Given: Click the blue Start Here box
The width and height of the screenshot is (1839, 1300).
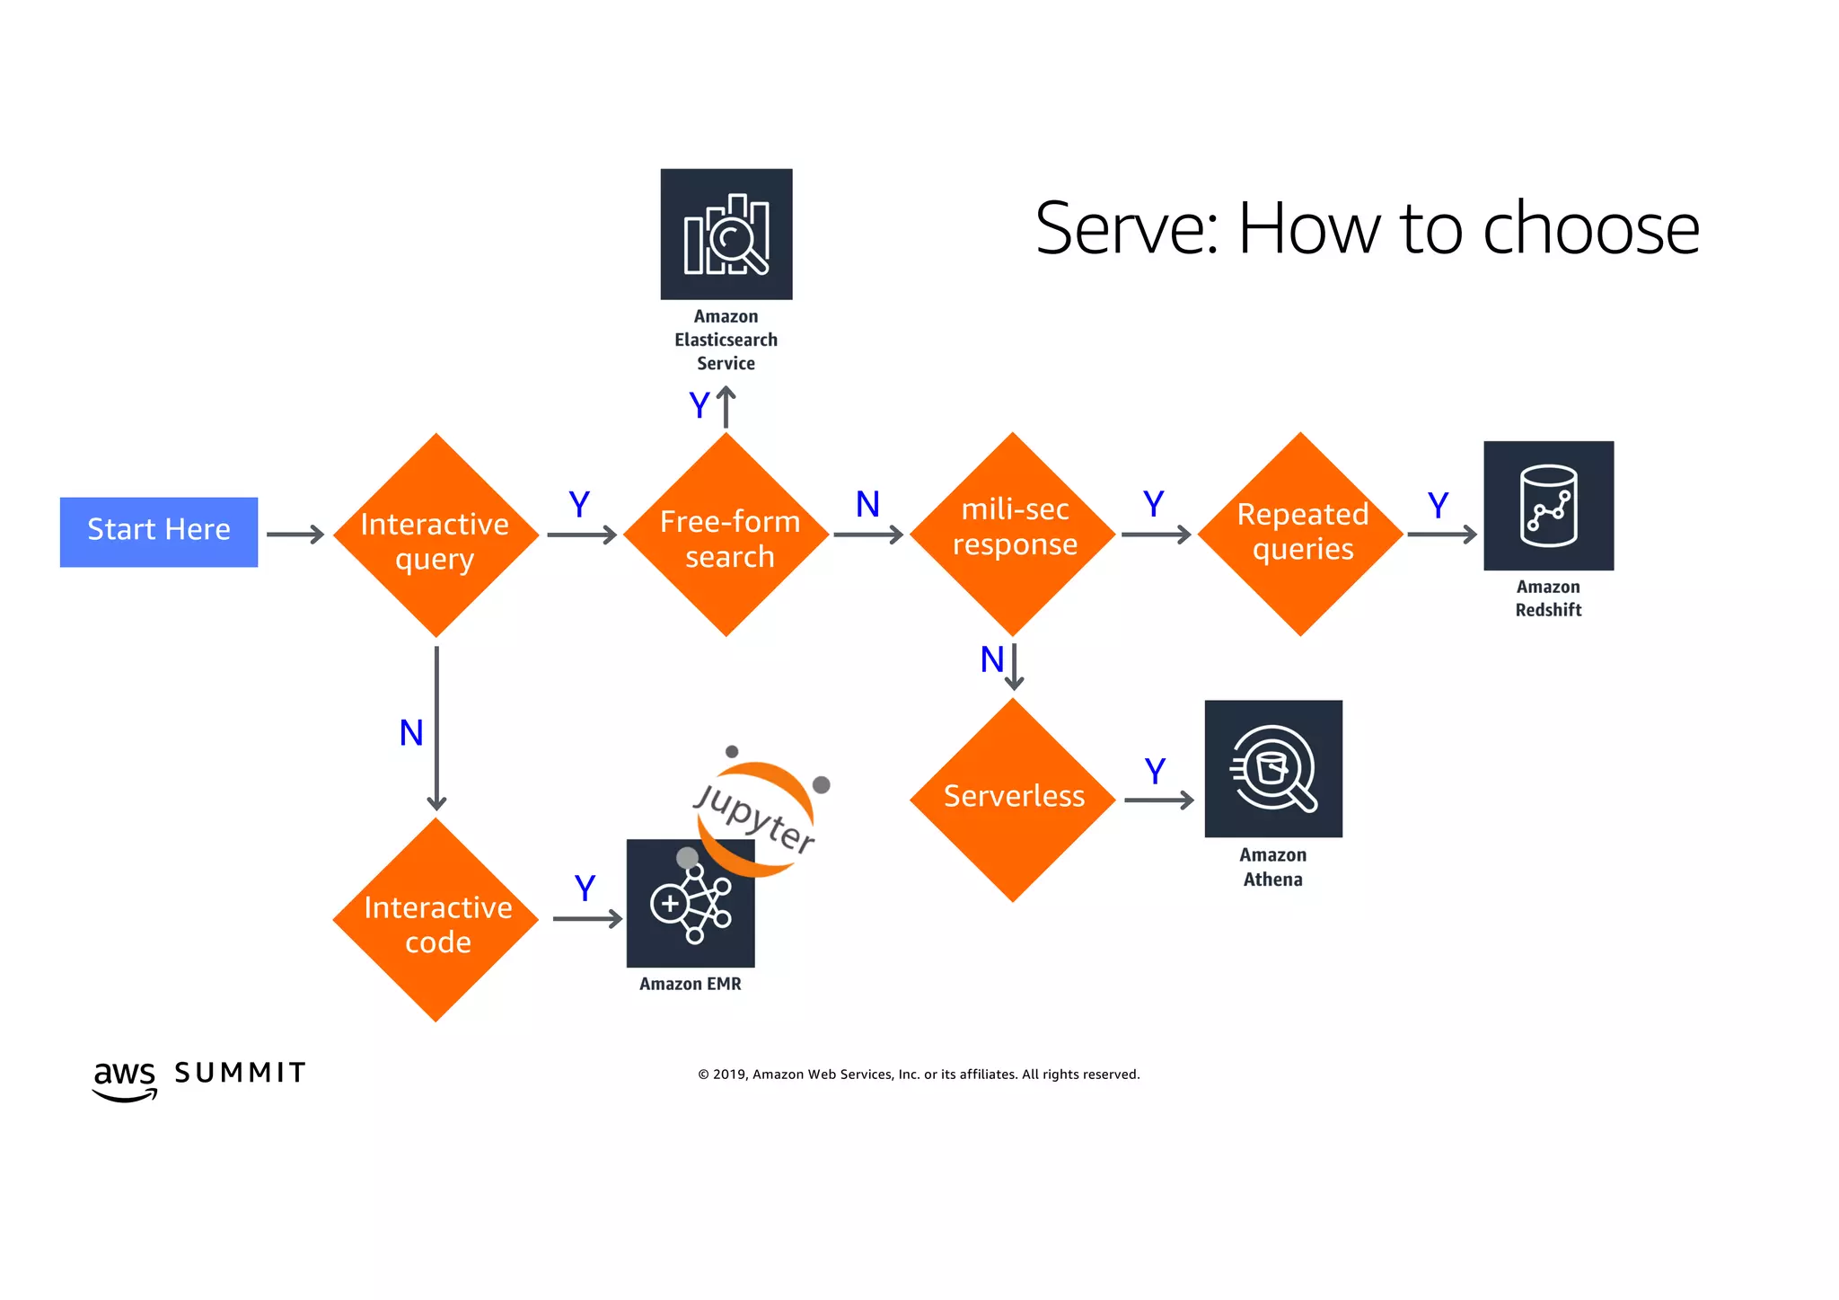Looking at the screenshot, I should (x=159, y=532).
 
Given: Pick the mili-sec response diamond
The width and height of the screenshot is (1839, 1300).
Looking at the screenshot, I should (x=1013, y=535).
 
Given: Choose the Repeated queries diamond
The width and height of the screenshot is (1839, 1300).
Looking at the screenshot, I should (x=1300, y=535).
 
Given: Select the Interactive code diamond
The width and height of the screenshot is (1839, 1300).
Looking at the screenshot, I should (x=436, y=920).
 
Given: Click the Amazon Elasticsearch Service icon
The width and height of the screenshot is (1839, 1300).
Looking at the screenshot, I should (x=726, y=234).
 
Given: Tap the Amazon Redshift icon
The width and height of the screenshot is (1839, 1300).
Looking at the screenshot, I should (x=1548, y=505).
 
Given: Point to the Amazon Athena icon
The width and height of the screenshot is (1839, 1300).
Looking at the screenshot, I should (x=1273, y=769).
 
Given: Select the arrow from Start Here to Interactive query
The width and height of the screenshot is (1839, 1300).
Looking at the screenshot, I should (x=295, y=535).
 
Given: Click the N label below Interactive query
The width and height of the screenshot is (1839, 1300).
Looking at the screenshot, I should (x=411, y=733).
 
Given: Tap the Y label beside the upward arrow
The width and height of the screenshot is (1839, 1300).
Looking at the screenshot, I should (x=699, y=405).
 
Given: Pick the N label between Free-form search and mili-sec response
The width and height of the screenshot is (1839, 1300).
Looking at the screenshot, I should (x=867, y=504).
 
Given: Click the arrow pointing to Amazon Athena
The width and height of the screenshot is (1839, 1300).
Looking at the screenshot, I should (x=1158, y=800).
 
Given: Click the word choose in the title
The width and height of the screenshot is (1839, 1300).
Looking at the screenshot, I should (x=1590, y=229).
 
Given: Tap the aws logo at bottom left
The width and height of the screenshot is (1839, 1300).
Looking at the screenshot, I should (x=125, y=1078).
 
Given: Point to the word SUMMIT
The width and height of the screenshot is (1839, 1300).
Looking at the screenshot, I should (x=240, y=1073).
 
